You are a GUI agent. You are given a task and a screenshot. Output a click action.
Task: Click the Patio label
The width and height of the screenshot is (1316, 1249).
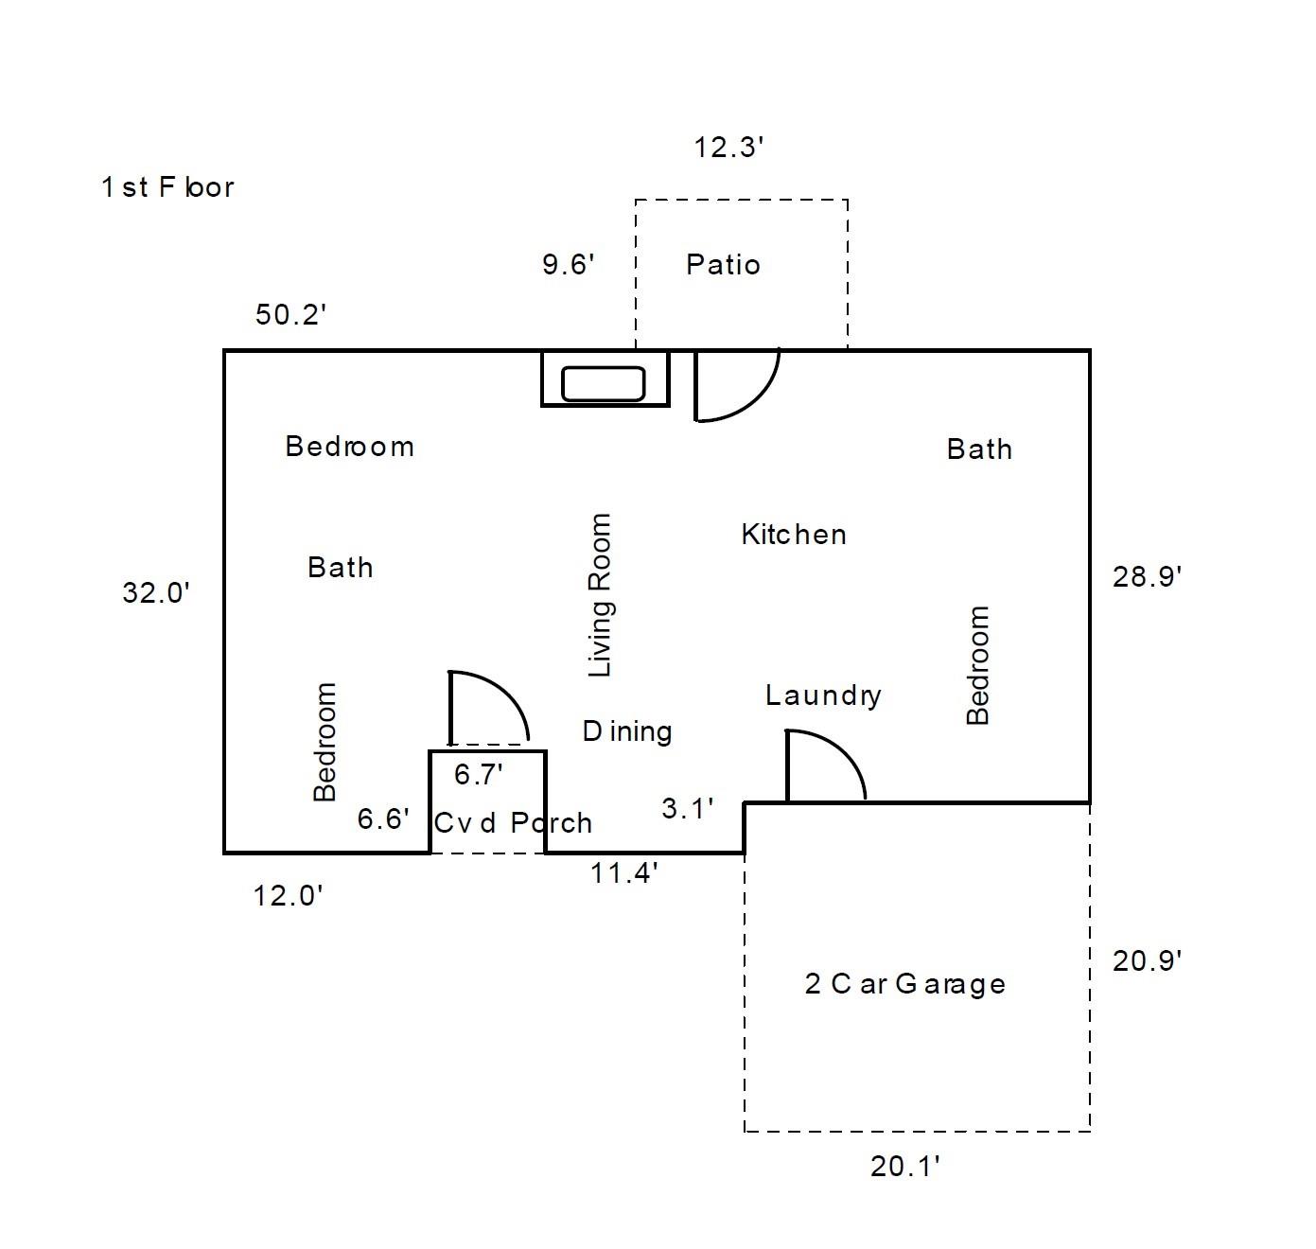tap(723, 264)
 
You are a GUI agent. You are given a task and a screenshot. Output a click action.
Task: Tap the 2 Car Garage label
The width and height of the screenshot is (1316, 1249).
tap(904, 984)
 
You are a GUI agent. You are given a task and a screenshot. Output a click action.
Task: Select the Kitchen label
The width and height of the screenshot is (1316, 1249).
tap(793, 535)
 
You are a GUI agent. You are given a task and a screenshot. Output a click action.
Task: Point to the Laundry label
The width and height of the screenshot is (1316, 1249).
tap(823, 695)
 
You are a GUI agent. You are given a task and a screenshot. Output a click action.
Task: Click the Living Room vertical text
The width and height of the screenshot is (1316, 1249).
tap(600, 595)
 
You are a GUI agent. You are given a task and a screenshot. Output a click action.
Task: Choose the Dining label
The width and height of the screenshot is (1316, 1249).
tap(627, 731)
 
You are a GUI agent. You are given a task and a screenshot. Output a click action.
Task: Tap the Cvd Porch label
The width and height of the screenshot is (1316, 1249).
tap(513, 822)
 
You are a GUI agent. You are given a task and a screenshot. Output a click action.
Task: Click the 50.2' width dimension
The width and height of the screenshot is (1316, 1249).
tap(290, 315)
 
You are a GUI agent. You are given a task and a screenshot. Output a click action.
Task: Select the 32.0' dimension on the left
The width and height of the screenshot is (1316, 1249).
tap(156, 593)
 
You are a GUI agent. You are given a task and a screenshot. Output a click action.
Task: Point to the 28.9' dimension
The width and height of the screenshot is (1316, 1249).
tap(1147, 576)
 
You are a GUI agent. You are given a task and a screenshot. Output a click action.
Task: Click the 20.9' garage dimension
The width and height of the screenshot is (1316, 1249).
tap(1147, 961)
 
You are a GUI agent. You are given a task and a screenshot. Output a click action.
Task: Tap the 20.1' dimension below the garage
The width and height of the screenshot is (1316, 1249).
tap(904, 1167)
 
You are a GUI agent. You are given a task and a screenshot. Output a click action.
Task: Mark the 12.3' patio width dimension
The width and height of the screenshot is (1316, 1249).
tap(728, 148)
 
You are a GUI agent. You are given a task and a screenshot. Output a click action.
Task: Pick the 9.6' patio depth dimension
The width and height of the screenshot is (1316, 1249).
tap(568, 264)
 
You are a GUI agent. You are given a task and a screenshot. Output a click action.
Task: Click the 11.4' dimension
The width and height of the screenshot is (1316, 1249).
tap(624, 872)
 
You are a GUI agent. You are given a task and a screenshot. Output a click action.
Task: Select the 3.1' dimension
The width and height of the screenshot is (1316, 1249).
tap(687, 809)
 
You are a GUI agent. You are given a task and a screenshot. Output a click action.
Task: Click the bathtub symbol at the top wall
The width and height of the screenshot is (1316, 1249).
tap(604, 383)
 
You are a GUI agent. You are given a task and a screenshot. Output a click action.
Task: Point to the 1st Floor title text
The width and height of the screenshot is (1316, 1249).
tap(167, 187)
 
